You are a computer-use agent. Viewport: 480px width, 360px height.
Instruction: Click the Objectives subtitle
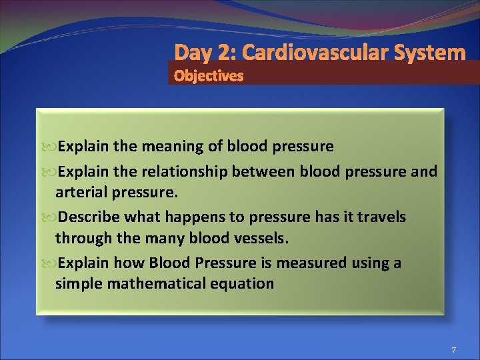tap(209, 76)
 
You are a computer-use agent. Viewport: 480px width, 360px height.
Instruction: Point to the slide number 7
tap(453, 350)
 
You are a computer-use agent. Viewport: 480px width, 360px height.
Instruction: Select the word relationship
tap(184, 172)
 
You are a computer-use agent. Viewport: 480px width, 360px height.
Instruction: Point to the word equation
tap(245, 283)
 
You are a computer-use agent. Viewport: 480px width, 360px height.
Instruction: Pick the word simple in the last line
tap(77, 283)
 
